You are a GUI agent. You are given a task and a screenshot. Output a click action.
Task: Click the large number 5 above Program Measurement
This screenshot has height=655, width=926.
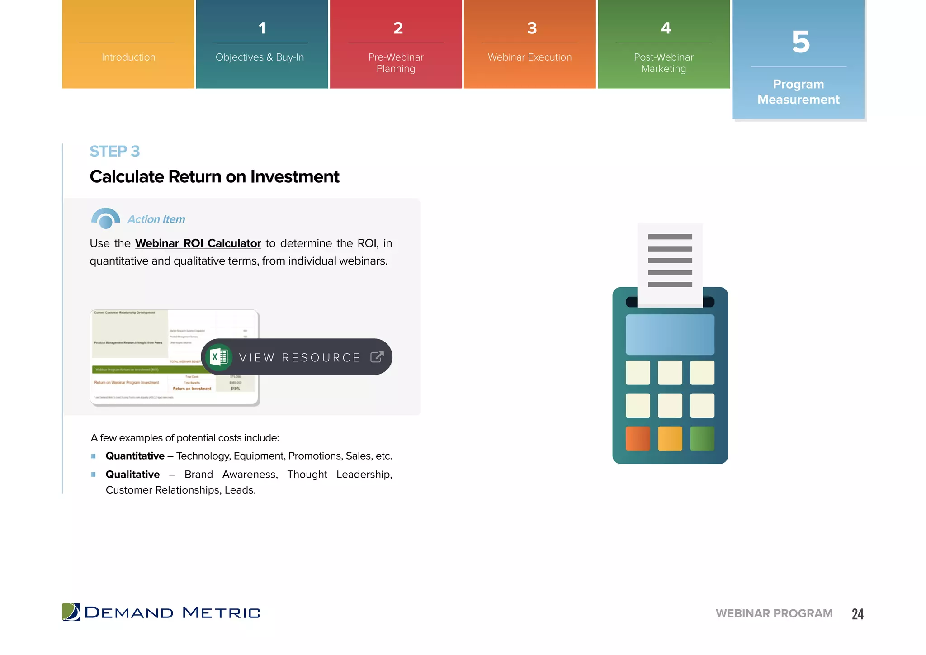tap(800, 42)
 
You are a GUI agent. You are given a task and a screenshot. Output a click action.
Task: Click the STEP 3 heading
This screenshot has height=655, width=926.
tap(115, 151)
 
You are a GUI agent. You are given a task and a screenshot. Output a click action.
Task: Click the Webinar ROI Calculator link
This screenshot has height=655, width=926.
tap(198, 243)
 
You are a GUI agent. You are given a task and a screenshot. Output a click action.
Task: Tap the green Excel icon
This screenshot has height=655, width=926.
tap(219, 357)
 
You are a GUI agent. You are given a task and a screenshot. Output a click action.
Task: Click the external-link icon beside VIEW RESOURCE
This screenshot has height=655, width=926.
tap(377, 357)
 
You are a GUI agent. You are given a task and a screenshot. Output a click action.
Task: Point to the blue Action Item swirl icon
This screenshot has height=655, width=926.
tap(105, 218)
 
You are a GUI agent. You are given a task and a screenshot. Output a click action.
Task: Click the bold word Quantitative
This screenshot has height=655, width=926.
tap(135, 456)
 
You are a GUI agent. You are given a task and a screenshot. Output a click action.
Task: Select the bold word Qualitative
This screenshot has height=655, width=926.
tap(132, 475)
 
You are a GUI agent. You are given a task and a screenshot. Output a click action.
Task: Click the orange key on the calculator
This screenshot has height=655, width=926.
tap(638, 438)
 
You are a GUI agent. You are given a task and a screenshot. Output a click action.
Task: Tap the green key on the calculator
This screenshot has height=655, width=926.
tap(702, 438)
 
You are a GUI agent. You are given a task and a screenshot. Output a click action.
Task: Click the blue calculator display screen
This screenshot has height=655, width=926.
tap(670, 335)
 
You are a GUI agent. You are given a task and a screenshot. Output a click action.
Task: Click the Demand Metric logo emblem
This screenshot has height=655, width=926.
tap(71, 612)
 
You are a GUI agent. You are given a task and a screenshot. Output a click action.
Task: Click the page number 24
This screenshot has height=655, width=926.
tap(857, 614)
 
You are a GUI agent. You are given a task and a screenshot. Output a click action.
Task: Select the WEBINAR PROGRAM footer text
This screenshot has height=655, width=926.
tap(774, 613)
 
